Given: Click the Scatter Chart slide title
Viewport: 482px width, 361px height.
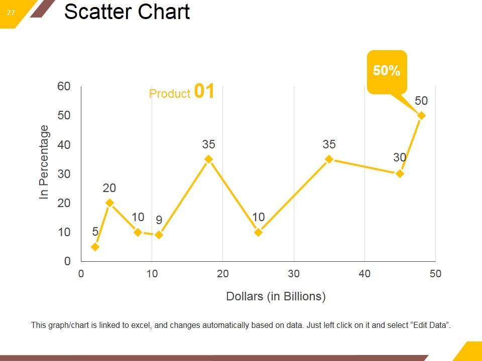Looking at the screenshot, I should click(x=127, y=12).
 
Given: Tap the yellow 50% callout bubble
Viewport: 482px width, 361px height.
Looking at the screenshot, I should click(x=387, y=71).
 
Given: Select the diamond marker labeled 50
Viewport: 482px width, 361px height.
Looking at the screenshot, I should click(x=422, y=115).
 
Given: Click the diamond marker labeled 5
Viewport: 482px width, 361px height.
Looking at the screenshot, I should click(x=95, y=247).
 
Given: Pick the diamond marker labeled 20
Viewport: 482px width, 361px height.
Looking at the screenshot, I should click(x=109, y=203).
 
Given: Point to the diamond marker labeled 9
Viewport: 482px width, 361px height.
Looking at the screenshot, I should click(x=159, y=235).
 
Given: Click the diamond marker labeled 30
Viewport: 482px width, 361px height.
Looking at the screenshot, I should click(x=400, y=173).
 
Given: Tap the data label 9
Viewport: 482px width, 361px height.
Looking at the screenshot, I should click(x=159, y=220).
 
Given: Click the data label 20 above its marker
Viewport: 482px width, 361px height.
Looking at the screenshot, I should click(x=109, y=188).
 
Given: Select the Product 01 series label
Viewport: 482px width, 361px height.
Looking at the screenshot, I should click(x=182, y=92).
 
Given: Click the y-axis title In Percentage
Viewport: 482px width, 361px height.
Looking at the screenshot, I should click(x=44, y=162).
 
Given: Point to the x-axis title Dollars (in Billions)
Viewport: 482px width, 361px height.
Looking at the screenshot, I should click(x=276, y=296).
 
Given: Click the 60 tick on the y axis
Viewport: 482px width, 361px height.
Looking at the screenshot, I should click(x=64, y=86).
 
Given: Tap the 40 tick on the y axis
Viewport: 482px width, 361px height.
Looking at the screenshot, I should click(x=64, y=145).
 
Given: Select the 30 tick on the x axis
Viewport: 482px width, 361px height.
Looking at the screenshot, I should click(x=294, y=274).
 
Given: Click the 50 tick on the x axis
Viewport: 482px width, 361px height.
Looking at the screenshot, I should click(x=435, y=274).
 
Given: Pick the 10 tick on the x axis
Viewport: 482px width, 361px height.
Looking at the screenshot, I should click(x=152, y=274).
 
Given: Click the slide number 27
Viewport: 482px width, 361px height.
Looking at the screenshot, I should click(x=11, y=13).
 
